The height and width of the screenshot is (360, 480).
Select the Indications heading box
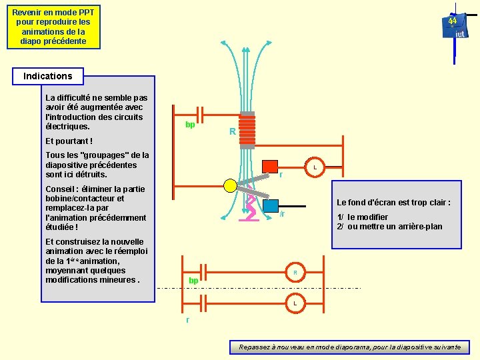pos(48,76)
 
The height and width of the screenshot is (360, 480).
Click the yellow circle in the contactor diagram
pos(230,185)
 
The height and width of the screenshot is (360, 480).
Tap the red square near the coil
pos(270,167)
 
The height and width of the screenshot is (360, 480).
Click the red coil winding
pos(247,129)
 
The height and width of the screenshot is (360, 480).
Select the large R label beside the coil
pos(232,132)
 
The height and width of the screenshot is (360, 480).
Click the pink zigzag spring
pos(251,212)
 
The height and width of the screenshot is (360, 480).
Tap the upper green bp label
pos(190,125)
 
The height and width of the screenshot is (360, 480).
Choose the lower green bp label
pos(193,281)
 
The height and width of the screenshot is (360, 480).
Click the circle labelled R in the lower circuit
pos(295,273)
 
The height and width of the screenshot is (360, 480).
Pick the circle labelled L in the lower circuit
pos(295,304)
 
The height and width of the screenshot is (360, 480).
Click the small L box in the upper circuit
pos(315,167)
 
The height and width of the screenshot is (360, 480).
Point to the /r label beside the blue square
pos(283,214)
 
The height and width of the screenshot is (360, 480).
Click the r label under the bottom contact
pos(187,320)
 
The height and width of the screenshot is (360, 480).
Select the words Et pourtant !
pos(69,141)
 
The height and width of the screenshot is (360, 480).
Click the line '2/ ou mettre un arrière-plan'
pos(389,227)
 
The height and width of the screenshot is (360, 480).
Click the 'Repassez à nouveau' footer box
pos(349,347)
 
